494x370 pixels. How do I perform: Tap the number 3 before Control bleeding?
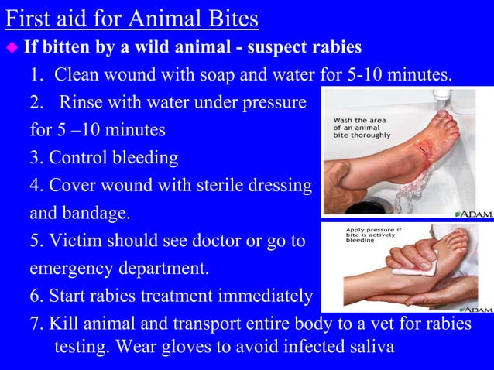point(35,158)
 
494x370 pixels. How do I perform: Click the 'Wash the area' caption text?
point(357,121)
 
